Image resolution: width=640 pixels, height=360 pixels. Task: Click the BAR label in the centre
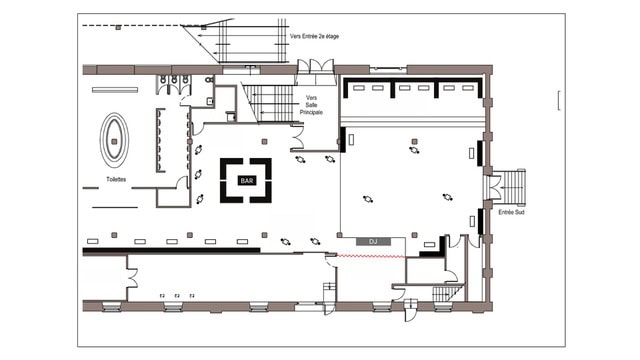coord(247,180)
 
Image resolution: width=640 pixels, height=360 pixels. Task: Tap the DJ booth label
coord(373,242)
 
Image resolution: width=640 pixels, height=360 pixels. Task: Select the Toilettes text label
coord(116,179)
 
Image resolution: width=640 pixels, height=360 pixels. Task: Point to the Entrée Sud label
coord(511,212)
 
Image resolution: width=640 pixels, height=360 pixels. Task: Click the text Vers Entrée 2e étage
coord(314,36)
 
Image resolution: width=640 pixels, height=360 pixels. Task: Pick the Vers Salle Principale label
coord(311,105)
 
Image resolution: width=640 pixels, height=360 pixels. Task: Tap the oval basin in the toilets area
coord(114,140)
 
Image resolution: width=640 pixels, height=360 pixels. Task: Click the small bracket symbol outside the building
coord(558,100)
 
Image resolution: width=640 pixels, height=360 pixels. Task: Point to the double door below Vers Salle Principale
coord(298,138)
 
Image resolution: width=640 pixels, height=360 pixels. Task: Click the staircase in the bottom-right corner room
coord(448,293)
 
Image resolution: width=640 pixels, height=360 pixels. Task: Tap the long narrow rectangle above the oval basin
coord(115,90)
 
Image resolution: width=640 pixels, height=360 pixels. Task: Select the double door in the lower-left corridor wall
coord(131,278)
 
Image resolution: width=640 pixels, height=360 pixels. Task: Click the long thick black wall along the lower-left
coord(171,251)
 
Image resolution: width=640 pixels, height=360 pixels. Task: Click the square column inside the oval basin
coord(114,142)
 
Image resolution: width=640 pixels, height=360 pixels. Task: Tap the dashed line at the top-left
coord(133,26)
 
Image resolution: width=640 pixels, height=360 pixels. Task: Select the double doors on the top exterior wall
coord(315,67)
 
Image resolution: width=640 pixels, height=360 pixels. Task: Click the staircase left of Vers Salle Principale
coord(269,103)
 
